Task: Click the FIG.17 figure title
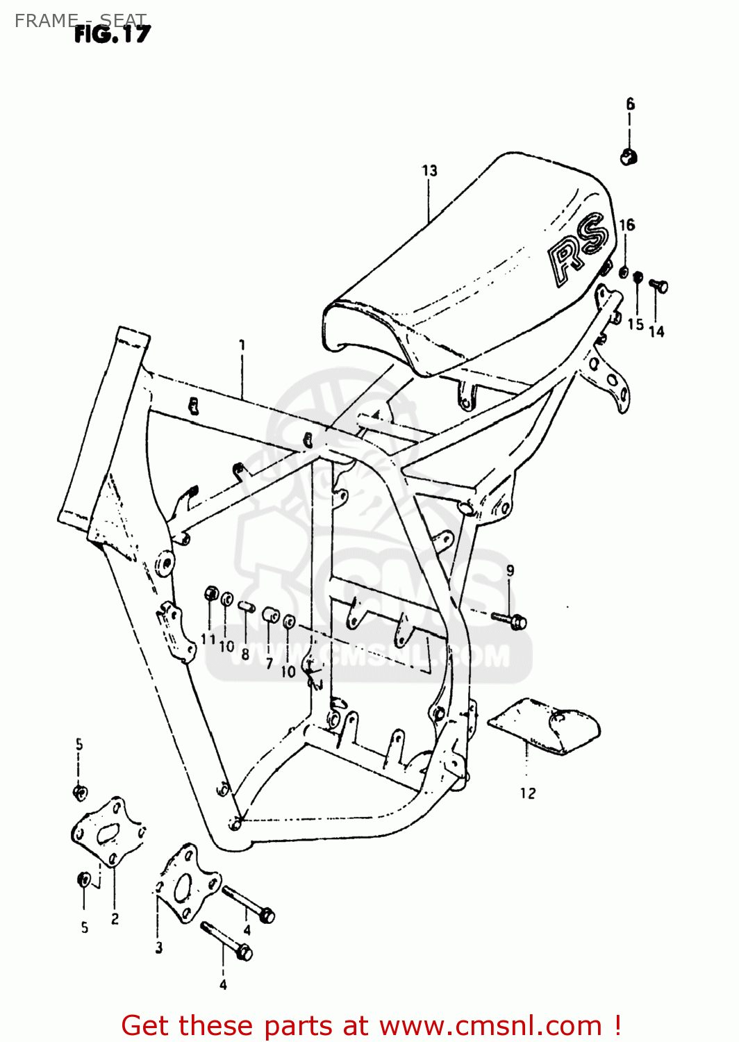(112, 34)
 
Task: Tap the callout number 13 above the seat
(429, 171)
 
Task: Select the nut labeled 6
(629, 157)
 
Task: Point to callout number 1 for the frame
(242, 345)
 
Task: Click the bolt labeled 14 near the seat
(658, 286)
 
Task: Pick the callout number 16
(626, 224)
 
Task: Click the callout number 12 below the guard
(527, 793)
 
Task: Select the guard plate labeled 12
(545, 725)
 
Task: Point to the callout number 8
(244, 654)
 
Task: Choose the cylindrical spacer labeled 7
(270, 616)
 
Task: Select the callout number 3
(158, 948)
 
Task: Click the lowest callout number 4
(223, 984)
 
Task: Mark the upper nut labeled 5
(79, 792)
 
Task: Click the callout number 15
(635, 324)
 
